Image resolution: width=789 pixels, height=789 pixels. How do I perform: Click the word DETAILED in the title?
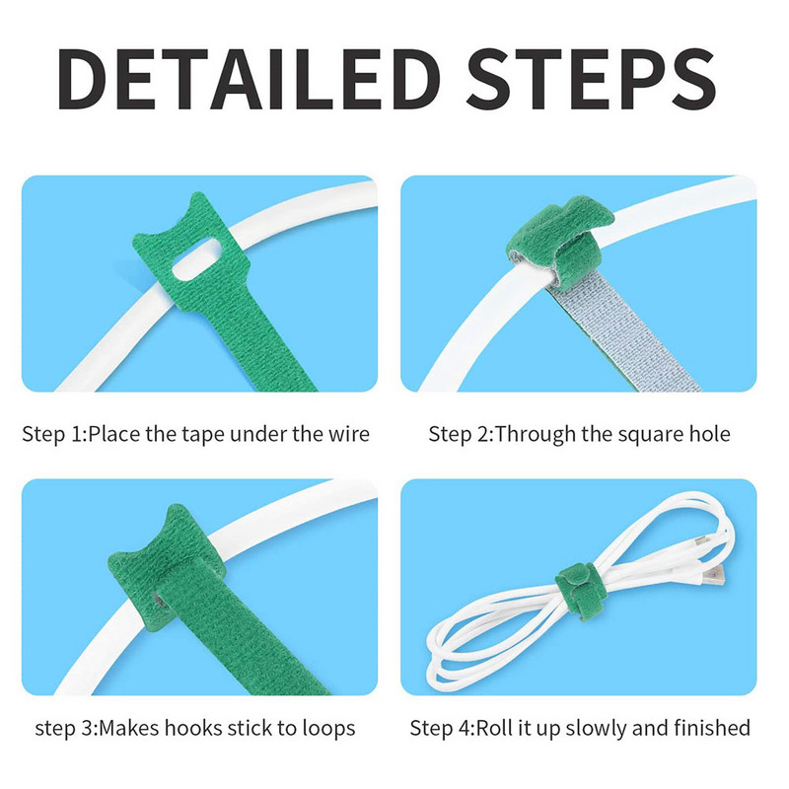250,79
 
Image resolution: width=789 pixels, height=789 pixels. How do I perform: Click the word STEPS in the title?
591,79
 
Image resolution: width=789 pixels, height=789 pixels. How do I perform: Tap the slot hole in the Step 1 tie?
196,259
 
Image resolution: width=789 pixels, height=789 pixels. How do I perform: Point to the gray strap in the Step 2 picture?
624,332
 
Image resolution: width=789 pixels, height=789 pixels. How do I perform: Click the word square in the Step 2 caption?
649,435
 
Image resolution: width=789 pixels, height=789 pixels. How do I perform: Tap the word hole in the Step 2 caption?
708,434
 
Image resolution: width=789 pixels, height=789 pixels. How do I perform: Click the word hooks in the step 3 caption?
193,728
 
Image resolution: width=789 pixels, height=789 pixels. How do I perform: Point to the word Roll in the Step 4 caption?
493,728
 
